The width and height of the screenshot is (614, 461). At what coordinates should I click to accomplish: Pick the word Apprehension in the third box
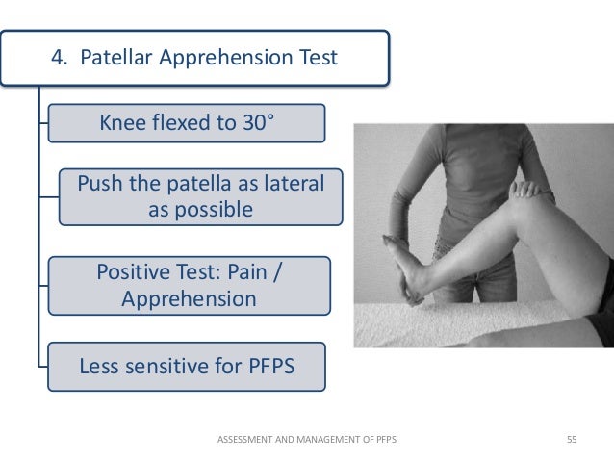coord(190,298)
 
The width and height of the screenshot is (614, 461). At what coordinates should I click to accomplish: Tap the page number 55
coord(572,440)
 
